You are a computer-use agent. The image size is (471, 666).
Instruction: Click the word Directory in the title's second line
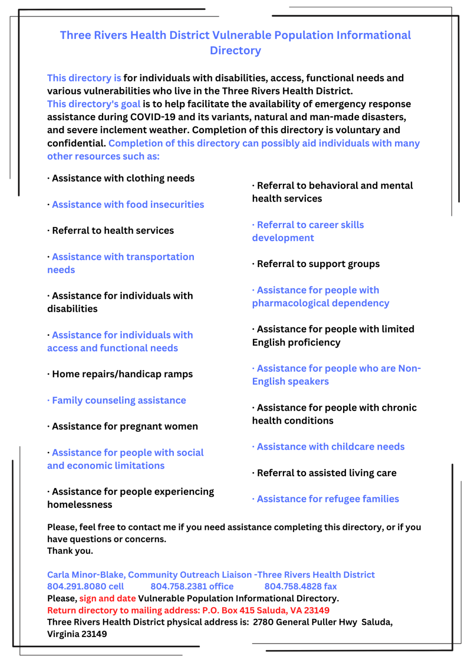click(x=235, y=51)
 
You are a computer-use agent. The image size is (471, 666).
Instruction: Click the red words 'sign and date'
click(x=107, y=598)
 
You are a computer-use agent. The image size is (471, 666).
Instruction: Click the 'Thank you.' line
click(x=70, y=551)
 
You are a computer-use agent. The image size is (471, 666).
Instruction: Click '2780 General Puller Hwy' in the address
click(x=305, y=622)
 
